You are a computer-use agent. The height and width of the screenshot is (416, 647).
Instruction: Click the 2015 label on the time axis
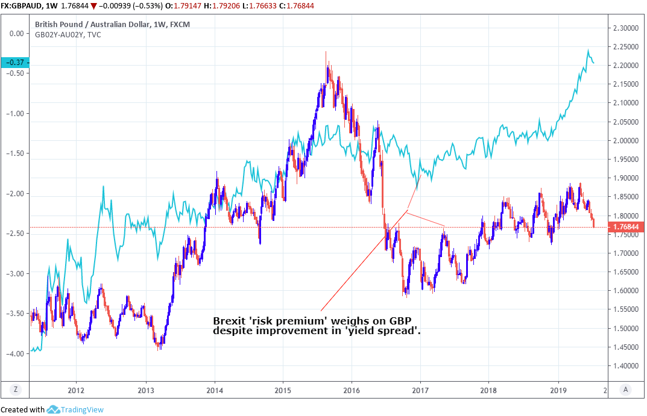click(x=283, y=390)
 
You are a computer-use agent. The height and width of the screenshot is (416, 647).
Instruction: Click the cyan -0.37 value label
click(x=15, y=63)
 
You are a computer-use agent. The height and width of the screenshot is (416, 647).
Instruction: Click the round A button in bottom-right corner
click(x=626, y=390)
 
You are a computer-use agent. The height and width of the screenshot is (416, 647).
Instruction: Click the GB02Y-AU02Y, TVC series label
click(x=68, y=35)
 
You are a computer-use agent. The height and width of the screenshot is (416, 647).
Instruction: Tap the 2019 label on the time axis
click(x=558, y=390)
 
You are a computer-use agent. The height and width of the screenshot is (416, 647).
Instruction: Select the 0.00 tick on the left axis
click(x=20, y=34)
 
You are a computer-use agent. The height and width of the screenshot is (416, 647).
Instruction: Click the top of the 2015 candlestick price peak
click(x=326, y=52)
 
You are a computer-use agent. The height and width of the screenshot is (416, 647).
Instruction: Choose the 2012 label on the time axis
click(x=76, y=390)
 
